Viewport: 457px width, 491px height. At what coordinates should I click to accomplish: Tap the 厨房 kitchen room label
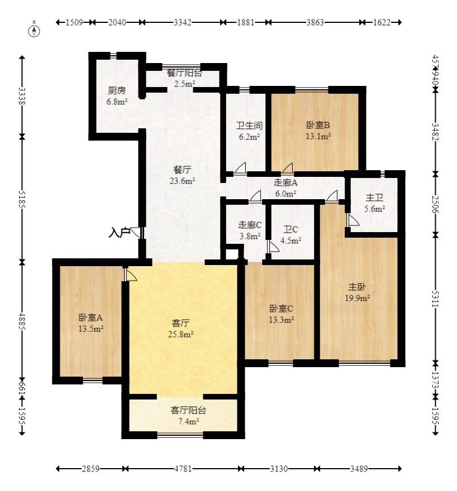point(117,90)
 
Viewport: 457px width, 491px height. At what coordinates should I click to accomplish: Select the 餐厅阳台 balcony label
point(184,73)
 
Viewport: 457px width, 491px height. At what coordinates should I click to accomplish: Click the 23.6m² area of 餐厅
point(182,181)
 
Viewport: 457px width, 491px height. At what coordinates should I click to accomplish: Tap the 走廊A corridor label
point(285,182)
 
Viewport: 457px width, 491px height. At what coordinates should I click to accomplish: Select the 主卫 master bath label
point(374,198)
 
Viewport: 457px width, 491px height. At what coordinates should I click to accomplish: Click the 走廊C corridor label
point(250,225)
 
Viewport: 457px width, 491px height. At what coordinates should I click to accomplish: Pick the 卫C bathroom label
point(291,229)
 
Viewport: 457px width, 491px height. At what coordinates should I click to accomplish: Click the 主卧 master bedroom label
point(358,287)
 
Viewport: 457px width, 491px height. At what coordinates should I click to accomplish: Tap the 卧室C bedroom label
point(281,308)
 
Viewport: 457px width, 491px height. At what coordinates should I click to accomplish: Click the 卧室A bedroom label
point(91,317)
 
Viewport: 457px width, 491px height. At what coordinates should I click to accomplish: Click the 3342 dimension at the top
point(183,23)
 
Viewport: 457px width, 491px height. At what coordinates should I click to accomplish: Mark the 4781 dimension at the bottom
point(183,469)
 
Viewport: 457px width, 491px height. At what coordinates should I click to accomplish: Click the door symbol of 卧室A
point(129,275)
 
